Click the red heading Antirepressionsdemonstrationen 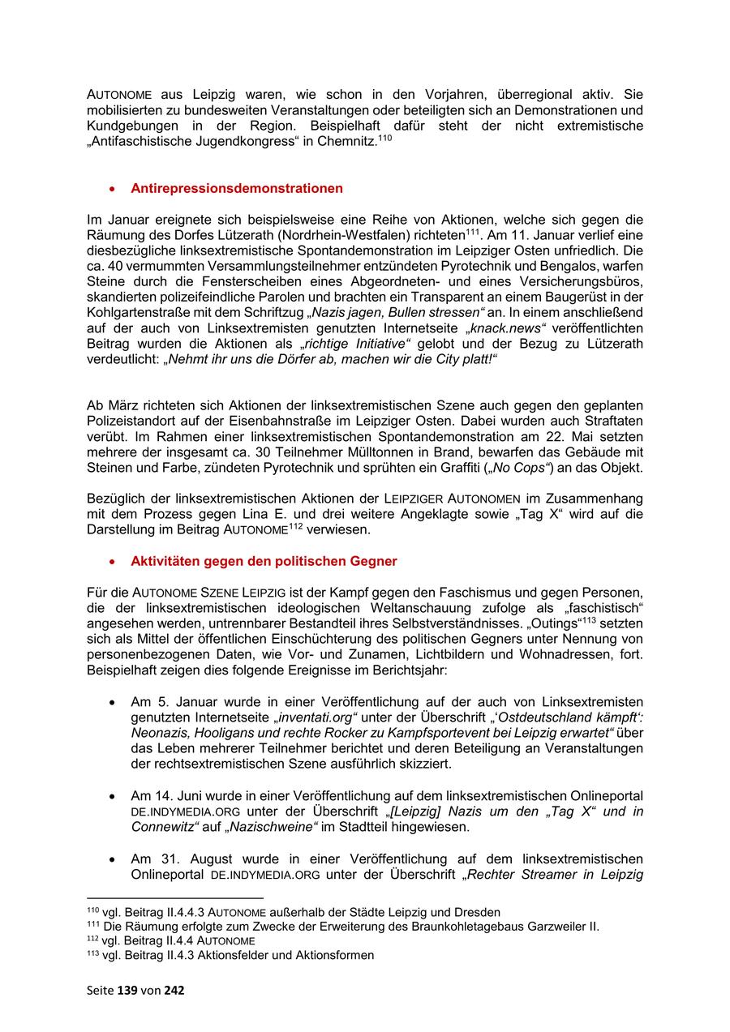(x=236, y=188)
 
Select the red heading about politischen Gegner (x=264, y=561)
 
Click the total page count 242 (x=174, y=990)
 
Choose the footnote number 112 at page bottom (x=92, y=940)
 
